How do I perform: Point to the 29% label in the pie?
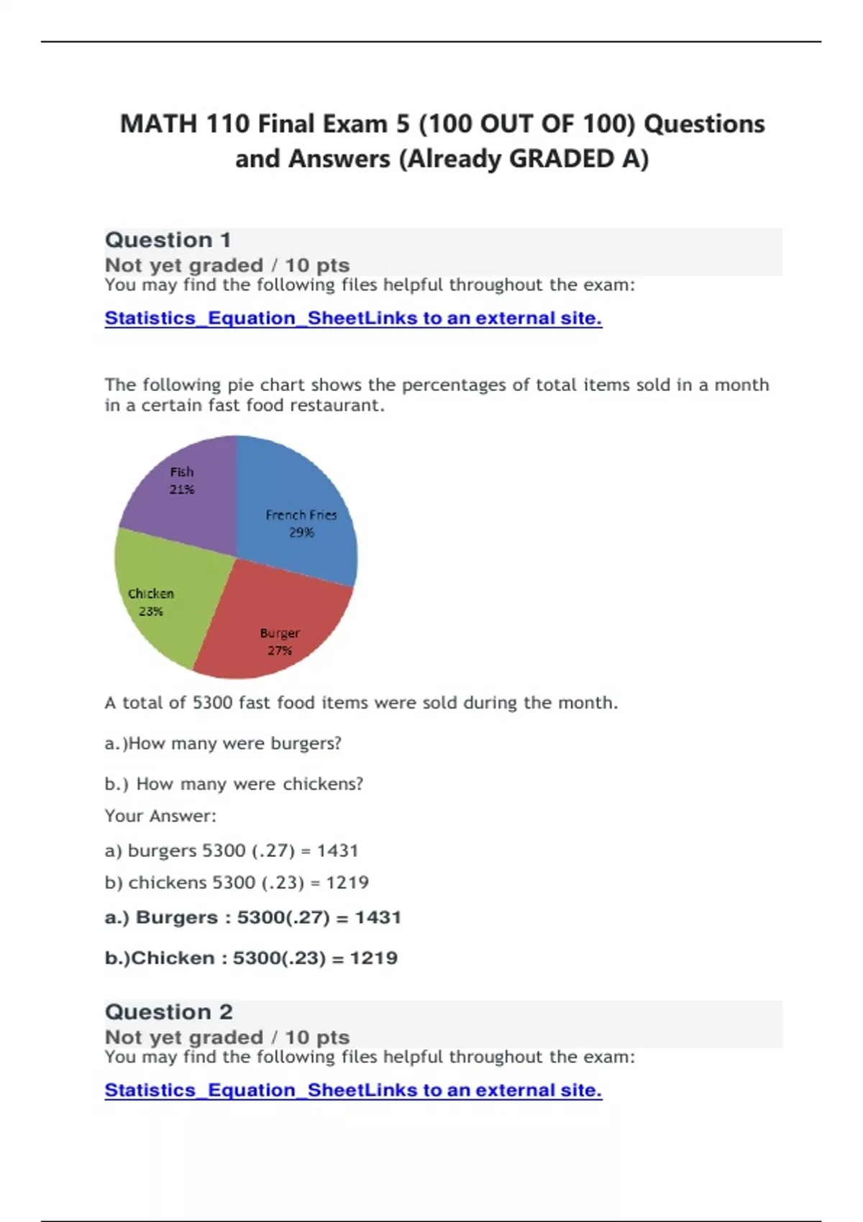pos(301,533)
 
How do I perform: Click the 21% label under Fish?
pos(181,490)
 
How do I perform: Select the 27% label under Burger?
pos(280,651)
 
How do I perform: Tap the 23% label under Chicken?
pos(151,612)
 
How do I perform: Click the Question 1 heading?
pos(168,240)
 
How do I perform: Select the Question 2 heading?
pos(169,1012)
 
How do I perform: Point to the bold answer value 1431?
pos(378,918)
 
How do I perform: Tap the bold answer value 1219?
pos(373,958)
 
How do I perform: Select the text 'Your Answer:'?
pos(160,816)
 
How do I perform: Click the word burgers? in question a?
pos(306,743)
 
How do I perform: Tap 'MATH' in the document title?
pos(158,124)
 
